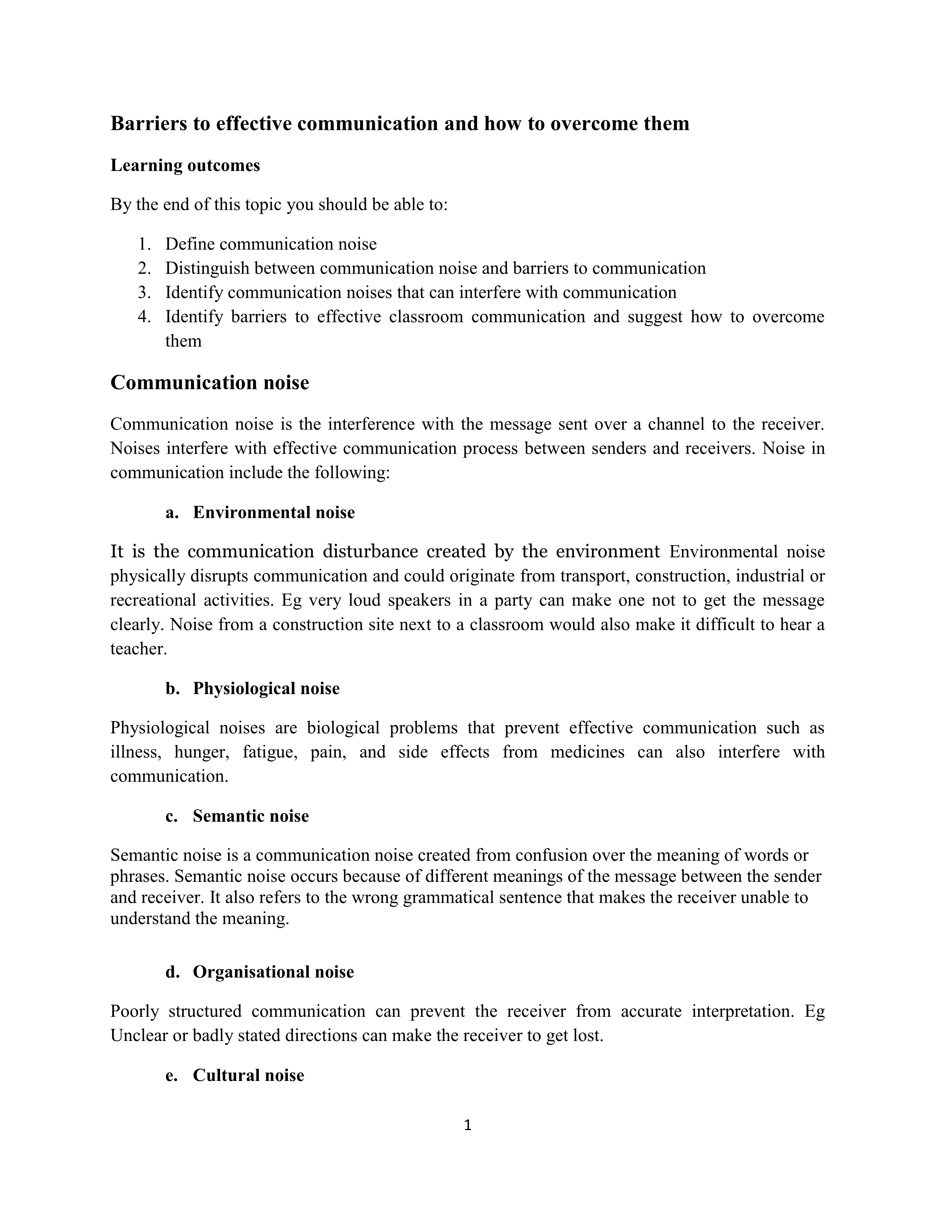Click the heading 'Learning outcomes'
click(x=185, y=165)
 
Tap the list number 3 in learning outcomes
click(x=144, y=292)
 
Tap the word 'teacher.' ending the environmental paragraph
click(x=139, y=648)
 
